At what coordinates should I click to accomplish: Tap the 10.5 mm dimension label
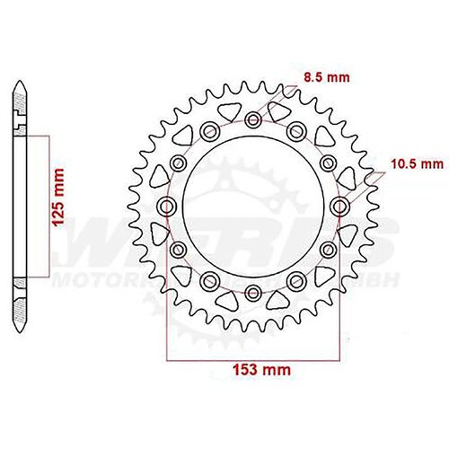point(418,164)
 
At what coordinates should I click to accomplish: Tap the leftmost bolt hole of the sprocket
point(165,207)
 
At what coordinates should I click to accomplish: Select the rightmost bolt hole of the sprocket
point(339,207)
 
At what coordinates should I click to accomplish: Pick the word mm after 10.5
point(432,164)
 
